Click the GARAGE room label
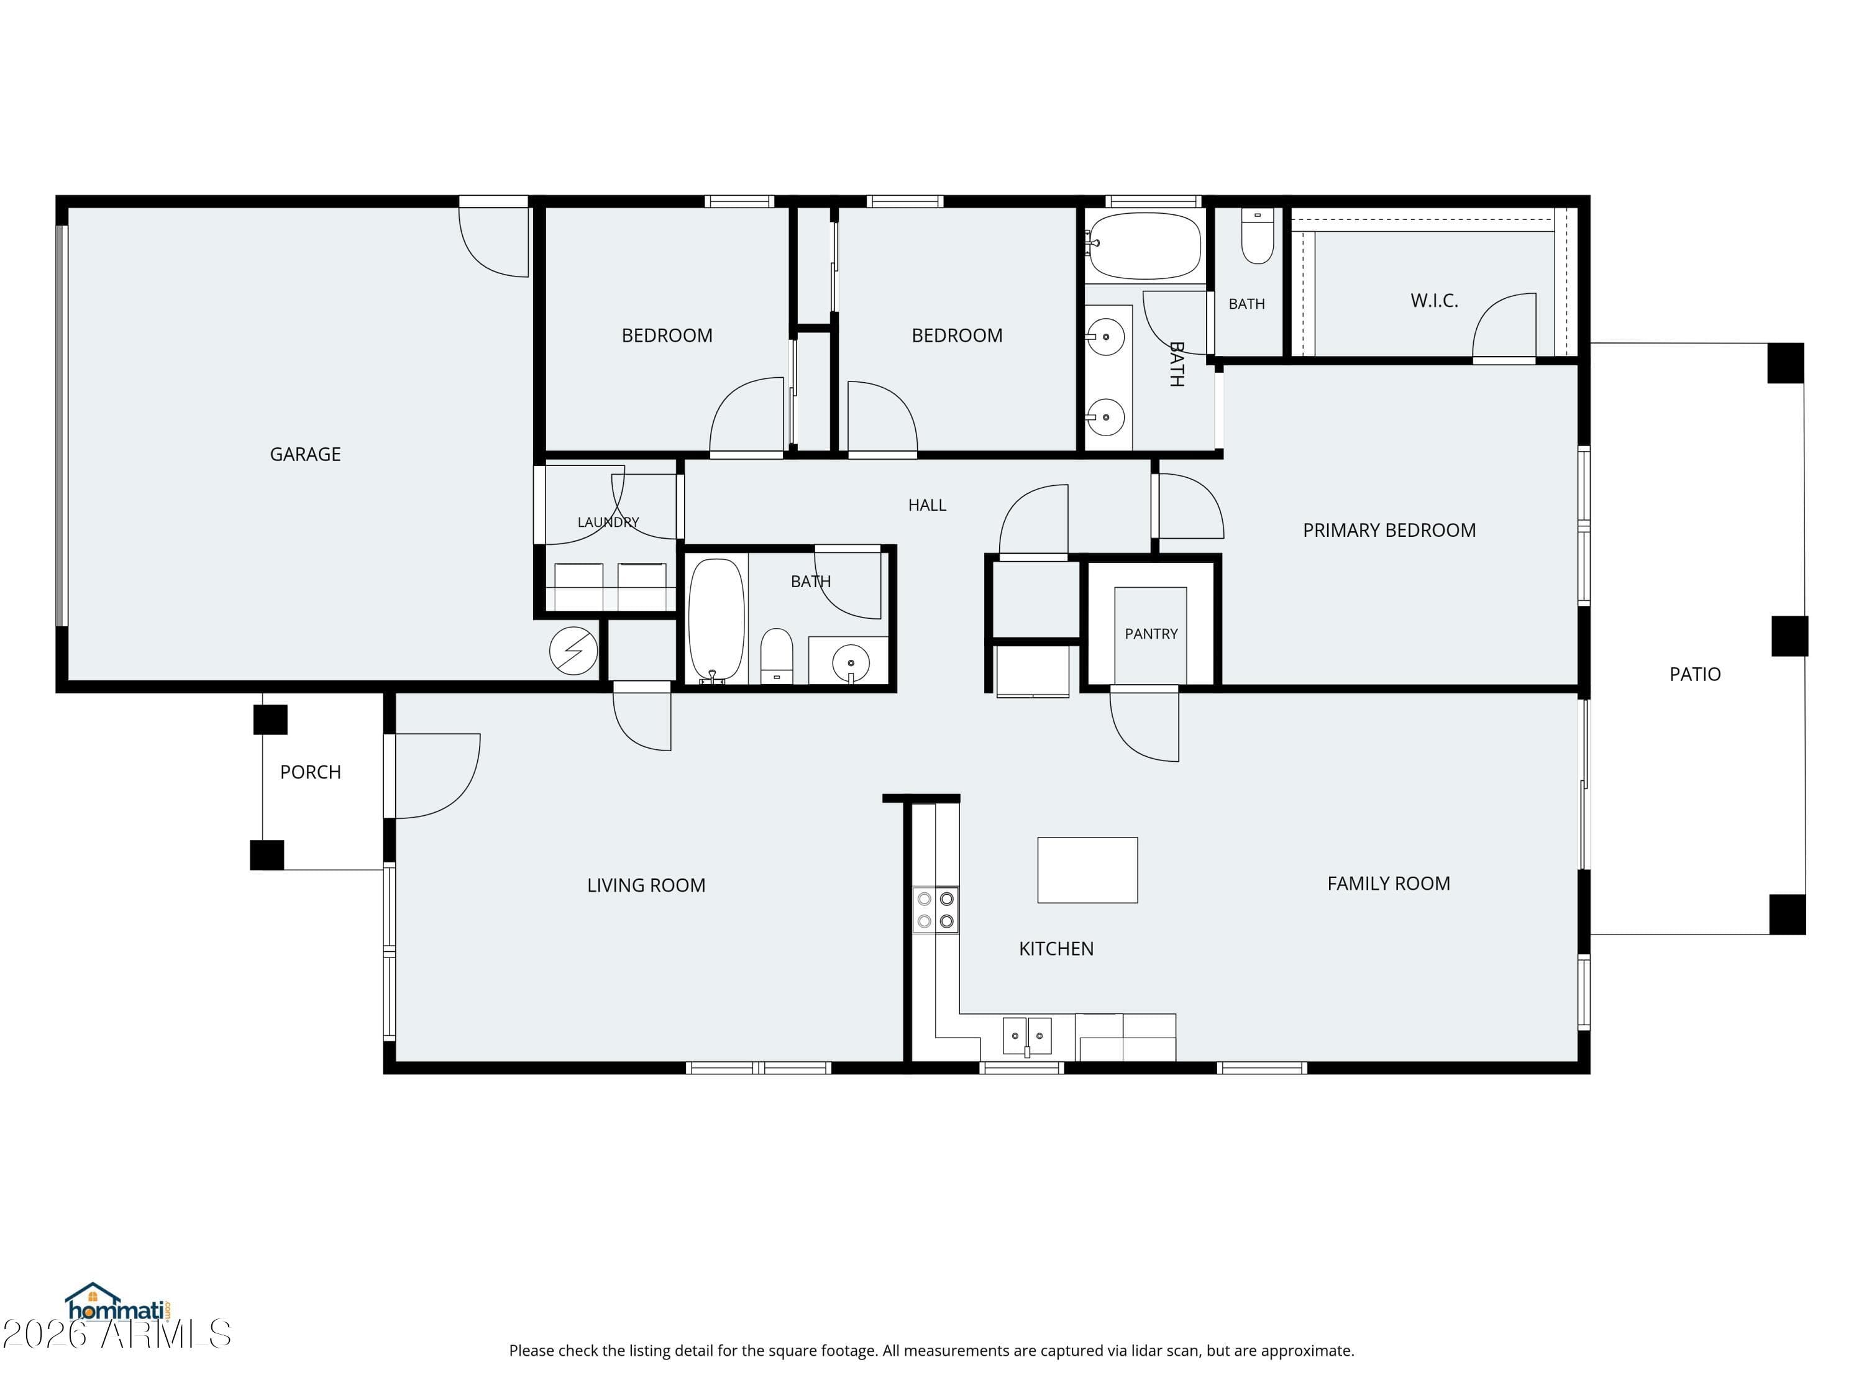pos(305,454)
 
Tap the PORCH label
pos(310,772)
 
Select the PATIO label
pos(1694,674)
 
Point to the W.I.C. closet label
pos(1434,301)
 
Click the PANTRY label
pos(1151,634)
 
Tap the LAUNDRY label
pos(608,523)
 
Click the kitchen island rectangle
pos(1087,870)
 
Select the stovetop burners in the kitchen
pos(935,910)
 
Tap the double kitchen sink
pos(1027,1036)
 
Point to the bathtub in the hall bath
pos(716,619)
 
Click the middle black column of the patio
pos(1789,636)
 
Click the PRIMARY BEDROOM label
pos(1389,530)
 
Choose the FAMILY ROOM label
pos(1388,883)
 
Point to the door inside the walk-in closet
pos(1504,327)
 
